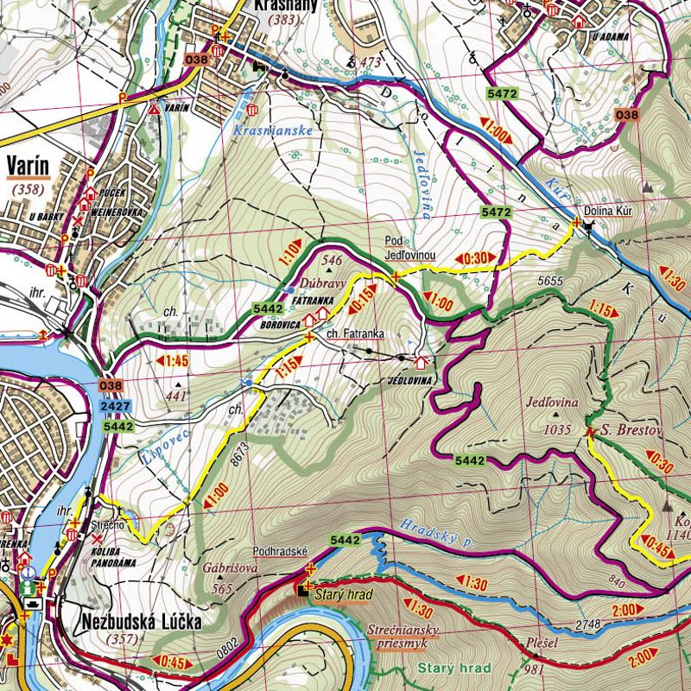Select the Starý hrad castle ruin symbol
click(x=302, y=592)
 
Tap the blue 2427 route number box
click(x=115, y=406)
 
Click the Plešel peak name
click(x=542, y=643)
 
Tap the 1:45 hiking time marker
click(x=173, y=360)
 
